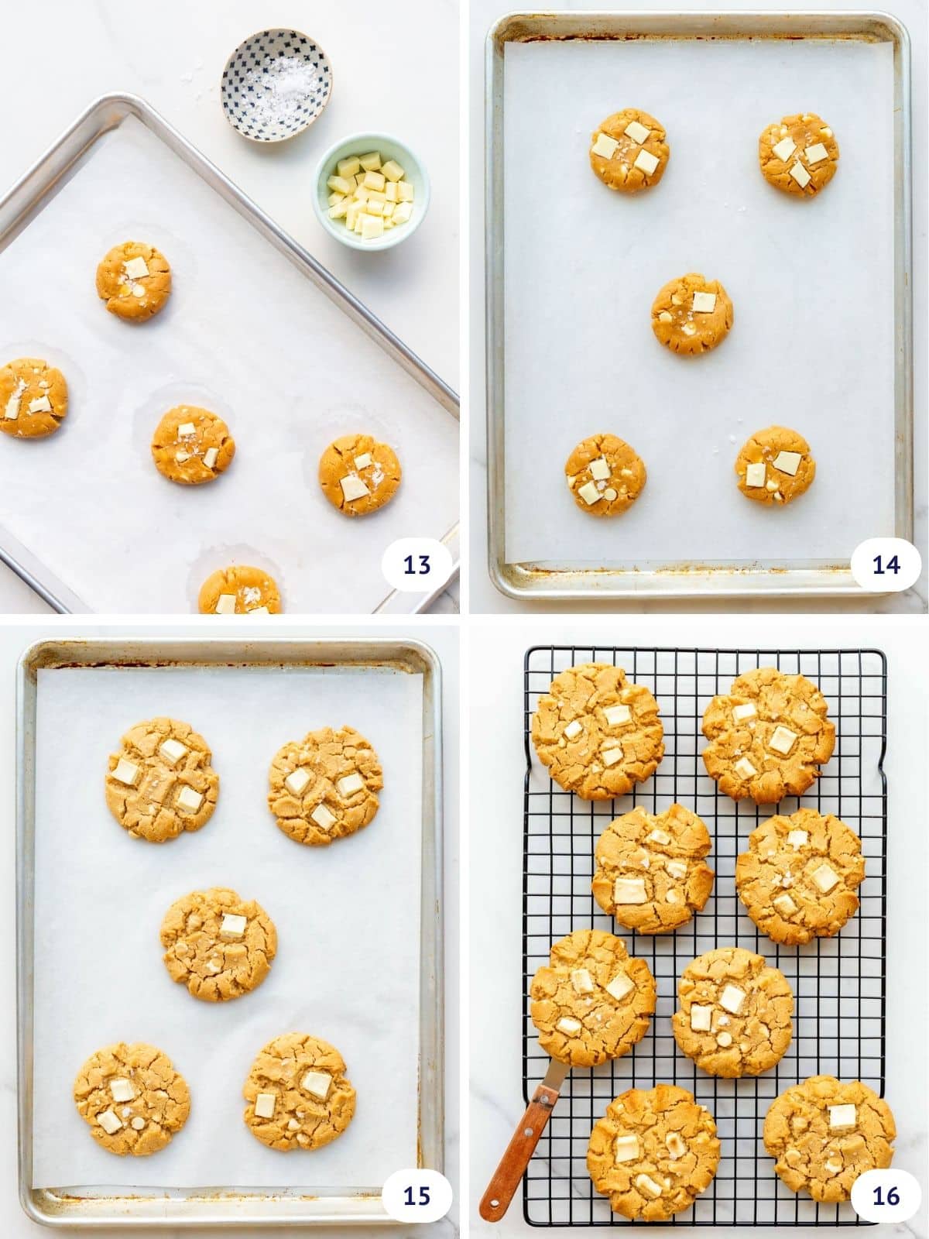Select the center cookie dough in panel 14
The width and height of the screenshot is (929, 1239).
[691, 313]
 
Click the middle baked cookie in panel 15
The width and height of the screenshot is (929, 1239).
[218, 943]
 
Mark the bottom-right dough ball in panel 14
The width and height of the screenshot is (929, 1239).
[775, 466]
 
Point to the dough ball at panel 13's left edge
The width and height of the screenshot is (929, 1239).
[31, 396]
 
